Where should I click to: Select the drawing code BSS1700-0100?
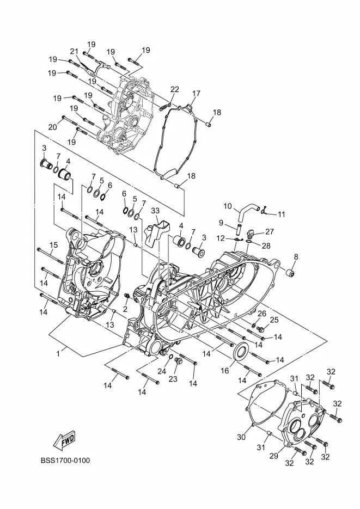pyautogui.click(x=65, y=461)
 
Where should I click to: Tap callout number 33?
pyautogui.click(x=155, y=211)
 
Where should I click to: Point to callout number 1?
pyautogui.click(x=58, y=353)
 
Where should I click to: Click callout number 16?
pyautogui.click(x=225, y=371)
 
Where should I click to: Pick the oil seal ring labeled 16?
pyautogui.click(x=241, y=351)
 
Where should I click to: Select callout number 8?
pyautogui.click(x=295, y=257)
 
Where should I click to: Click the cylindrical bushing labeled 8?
pyautogui.click(x=290, y=273)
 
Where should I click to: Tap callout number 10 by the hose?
pyautogui.click(x=228, y=206)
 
